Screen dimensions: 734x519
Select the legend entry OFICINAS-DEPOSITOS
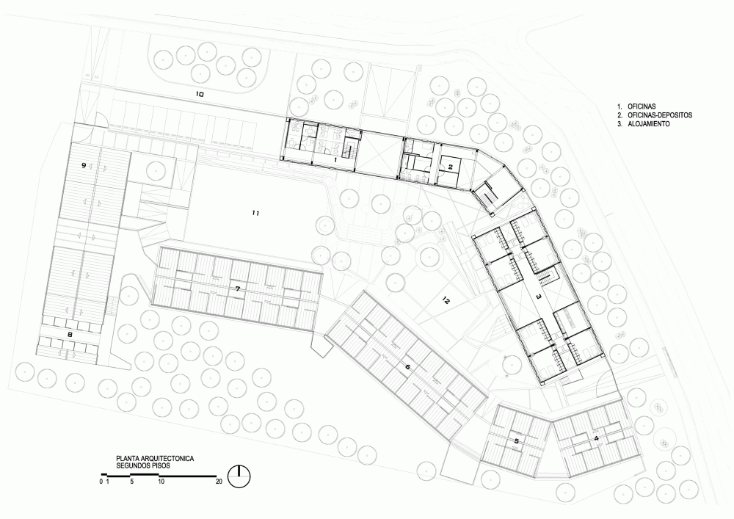click(x=660, y=115)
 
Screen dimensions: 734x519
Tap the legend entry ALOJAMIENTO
click(x=649, y=124)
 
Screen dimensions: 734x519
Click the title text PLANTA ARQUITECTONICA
click(x=155, y=459)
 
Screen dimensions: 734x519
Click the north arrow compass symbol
click(x=239, y=476)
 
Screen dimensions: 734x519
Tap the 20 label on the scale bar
click(x=219, y=482)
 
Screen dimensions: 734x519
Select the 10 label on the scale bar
click(x=161, y=482)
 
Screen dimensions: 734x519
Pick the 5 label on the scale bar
click(x=132, y=482)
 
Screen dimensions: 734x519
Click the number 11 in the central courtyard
click(x=255, y=214)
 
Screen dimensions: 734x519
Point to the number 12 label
click(x=446, y=302)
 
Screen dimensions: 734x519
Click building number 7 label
click(x=238, y=289)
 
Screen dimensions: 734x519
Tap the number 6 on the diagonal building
click(x=407, y=367)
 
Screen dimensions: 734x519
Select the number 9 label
click(x=84, y=165)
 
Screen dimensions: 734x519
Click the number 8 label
click(x=70, y=335)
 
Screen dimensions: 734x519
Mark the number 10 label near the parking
click(x=200, y=94)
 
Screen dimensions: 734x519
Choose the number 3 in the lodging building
click(x=538, y=297)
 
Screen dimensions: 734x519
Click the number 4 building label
click(x=596, y=438)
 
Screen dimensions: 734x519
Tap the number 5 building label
click(x=517, y=441)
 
